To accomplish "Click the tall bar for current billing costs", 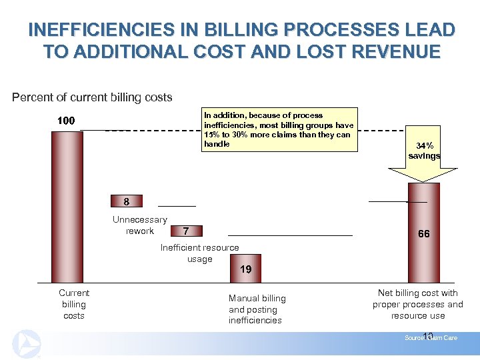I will [x=67, y=207].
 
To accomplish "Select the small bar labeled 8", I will [x=126, y=201].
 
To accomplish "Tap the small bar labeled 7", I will [x=186, y=231].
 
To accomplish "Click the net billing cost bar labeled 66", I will [x=423, y=233].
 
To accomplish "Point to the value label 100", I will [x=65, y=121].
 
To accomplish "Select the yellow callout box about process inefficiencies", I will [x=279, y=129].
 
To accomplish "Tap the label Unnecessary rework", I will [x=140, y=225].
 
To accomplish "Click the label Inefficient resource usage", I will [x=199, y=253].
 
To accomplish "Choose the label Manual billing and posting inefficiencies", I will [x=257, y=309].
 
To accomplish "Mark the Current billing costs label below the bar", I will [x=74, y=304].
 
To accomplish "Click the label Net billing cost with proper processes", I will [x=418, y=304].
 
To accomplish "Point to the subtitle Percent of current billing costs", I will [x=92, y=97].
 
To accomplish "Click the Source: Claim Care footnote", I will [x=431, y=338].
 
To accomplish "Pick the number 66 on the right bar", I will [x=423, y=234].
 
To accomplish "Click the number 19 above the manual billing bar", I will [x=246, y=269].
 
